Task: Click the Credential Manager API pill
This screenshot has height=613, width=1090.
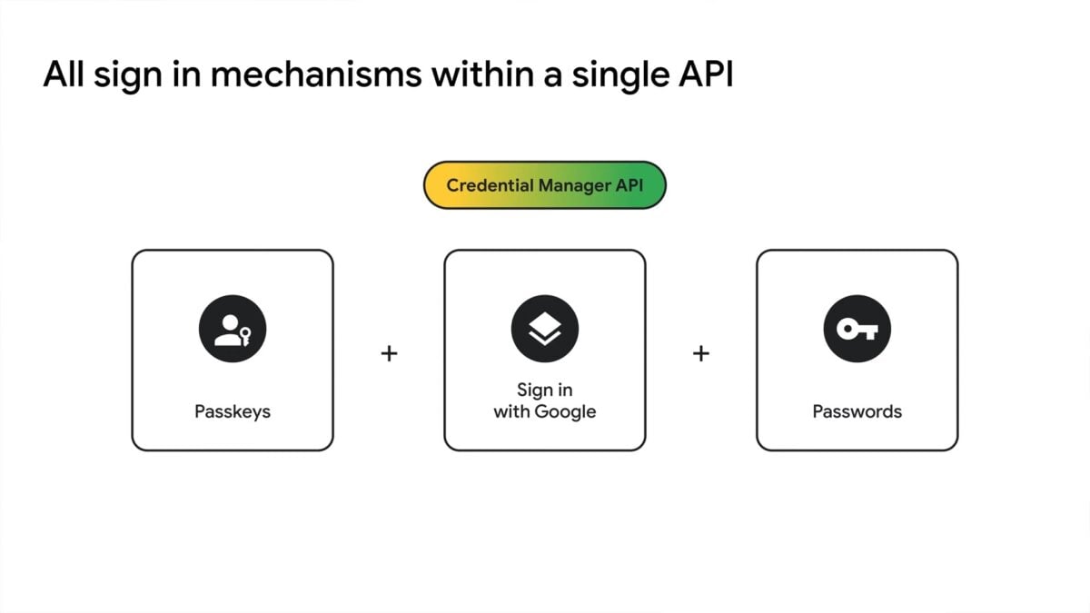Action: (545, 185)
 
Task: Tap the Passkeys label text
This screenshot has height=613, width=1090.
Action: (233, 411)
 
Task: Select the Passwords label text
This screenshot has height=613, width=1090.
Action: (857, 411)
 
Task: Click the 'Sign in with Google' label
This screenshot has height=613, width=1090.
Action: (545, 400)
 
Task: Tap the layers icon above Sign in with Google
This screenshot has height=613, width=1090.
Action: (545, 330)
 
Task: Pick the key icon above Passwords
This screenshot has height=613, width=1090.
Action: (857, 330)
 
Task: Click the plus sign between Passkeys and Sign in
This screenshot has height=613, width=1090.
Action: (389, 353)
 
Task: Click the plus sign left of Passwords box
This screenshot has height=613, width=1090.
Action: (700, 353)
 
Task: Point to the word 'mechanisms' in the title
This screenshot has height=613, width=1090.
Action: (318, 75)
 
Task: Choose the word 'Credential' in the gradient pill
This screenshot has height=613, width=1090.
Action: (490, 185)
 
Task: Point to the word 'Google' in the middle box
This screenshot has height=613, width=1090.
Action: (565, 411)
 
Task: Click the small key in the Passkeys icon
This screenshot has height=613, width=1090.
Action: (246, 337)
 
